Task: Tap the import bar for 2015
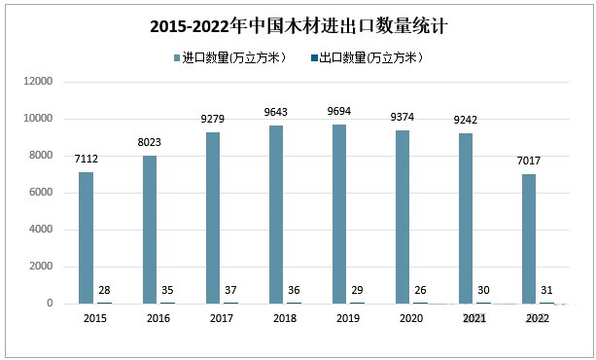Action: point(87,237)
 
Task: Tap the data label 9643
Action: point(277,116)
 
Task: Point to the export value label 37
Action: point(229,290)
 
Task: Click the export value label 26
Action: point(420,290)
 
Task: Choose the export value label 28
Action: point(103,290)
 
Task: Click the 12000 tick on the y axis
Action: point(36,82)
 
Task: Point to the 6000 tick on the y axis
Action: point(39,193)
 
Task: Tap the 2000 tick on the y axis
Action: point(39,267)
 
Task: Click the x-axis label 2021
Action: point(474,318)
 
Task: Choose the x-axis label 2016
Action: point(158,318)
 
